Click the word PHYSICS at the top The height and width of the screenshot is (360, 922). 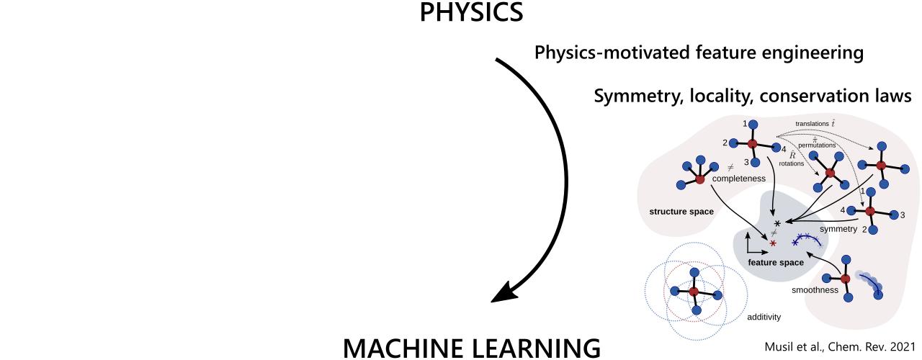(x=473, y=13)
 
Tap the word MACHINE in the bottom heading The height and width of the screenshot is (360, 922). (x=413, y=346)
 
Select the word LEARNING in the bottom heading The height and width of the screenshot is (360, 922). (x=544, y=346)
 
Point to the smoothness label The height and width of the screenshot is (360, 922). (x=815, y=290)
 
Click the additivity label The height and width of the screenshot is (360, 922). (x=763, y=316)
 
